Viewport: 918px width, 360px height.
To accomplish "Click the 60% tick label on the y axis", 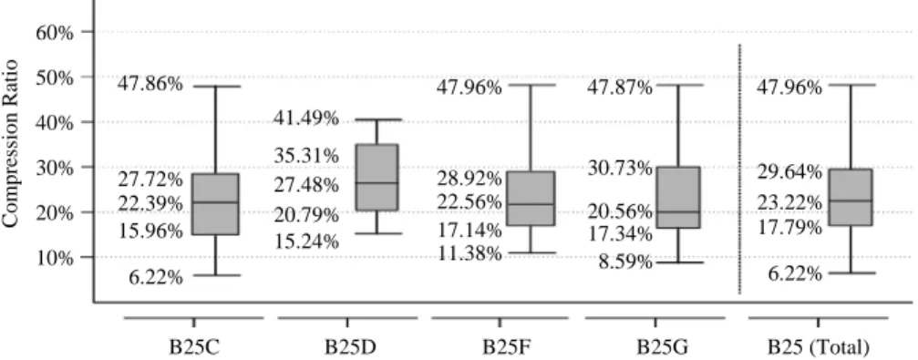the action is [x=55, y=32].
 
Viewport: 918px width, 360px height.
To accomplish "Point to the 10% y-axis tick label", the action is [x=55, y=257].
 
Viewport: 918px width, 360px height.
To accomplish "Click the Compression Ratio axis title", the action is [x=10, y=144].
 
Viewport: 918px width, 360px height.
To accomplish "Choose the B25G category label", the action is [x=655, y=346].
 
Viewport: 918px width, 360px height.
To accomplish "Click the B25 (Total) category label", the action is [x=819, y=346].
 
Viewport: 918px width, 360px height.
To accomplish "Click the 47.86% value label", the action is [x=150, y=84].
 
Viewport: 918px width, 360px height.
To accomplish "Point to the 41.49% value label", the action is [x=305, y=118].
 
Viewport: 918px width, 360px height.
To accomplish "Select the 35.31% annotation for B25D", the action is [x=305, y=156].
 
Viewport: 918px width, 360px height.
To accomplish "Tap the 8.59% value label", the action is [x=624, y=262].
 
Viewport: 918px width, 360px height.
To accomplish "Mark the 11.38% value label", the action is [x=469, y=254].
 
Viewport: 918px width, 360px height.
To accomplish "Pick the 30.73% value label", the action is [x=620, y=170].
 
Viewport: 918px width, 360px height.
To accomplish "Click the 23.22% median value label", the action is [x=789, y=203].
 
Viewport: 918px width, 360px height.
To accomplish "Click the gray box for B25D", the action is [x=377, y=178].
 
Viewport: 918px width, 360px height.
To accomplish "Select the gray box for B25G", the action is [x=678, y=197].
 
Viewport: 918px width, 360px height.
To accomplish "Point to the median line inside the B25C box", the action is [x=216, y=202].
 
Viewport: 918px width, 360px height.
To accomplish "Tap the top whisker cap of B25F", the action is [x=531, y=85].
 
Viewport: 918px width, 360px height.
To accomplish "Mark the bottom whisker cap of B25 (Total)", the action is [x=851, y=273].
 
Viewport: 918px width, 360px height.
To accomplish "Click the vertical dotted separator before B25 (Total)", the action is [x=739, y=169].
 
